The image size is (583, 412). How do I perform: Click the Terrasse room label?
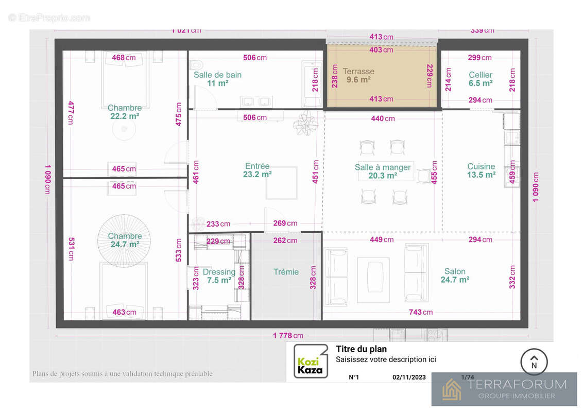pyautogui.click(x=358, y=72)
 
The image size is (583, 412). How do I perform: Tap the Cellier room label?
pyautogui.click(x=480, y=75)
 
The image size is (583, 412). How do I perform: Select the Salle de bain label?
pyautogui.click(x=217, y=75)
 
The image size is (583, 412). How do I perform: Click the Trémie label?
pyautogui.click(x=286, y=272)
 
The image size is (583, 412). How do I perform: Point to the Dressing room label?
pyautogui.click(x=219, y=272)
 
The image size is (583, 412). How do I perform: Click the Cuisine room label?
pyautogui.click(x=481, y=166)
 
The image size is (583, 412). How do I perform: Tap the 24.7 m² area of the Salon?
pyautogui.click(x=455, y=280)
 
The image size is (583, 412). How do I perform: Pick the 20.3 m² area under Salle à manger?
pyautogui.click(x=383, y=176)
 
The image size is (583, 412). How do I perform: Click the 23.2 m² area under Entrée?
pyautogui.click(x=258, y=175)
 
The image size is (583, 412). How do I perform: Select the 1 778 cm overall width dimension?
pyautogui.click(x=288, y=336)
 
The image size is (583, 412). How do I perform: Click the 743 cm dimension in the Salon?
pyautogui.click(x=420, y=312)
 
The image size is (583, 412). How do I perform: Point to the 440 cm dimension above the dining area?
pyautogui.click(x=383, y=118)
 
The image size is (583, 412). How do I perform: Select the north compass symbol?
pyautogui.click(x=534, y=362)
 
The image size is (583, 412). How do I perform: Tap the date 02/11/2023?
pyautogui.click(x=409, y=377)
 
